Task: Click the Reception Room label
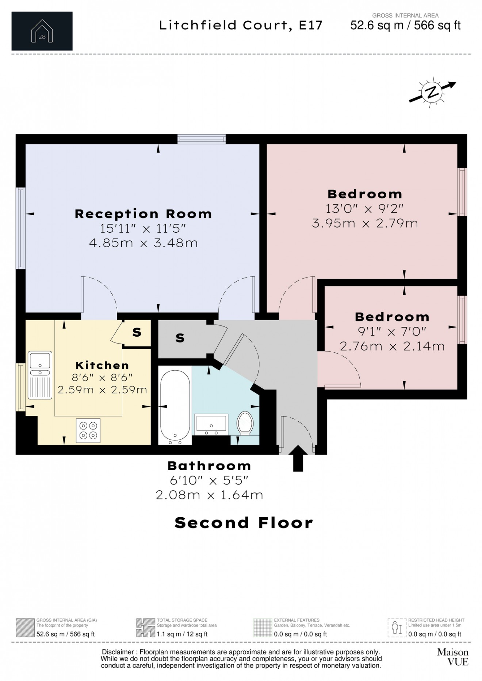[x=143, y=214]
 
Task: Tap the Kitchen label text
[x=102, y=365]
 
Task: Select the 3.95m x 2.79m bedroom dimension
[x=365, y=223]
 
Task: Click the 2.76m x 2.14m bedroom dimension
[x=392, y=346]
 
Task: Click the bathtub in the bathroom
[x=175, y=406]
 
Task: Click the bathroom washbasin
[x=211, y=424]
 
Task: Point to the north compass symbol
[x=432, y=92]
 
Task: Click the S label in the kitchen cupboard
[x=137, y=332]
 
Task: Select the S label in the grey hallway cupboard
[x=180, y=338]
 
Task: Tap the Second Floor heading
[x=244, y=523]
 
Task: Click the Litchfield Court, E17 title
[x=241, y=25]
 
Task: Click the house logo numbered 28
[x=42, y=31]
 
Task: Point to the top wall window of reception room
[x=202, y=139]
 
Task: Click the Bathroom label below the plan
[x=209, y=466]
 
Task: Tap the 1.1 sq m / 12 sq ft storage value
[x=182, y=634]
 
